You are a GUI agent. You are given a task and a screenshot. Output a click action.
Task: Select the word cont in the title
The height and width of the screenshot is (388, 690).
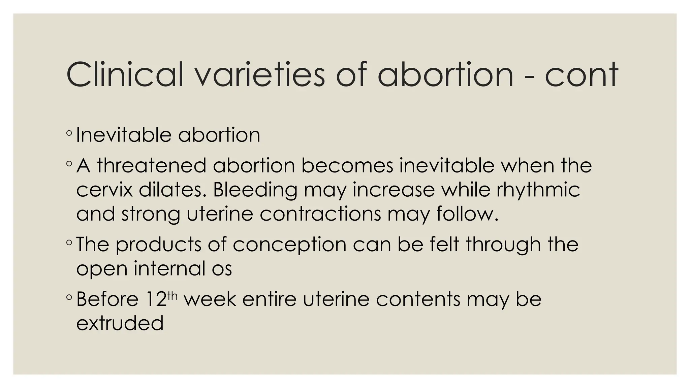pos(582,74)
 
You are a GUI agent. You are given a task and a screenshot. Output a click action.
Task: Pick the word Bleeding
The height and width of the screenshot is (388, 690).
pos(255,190)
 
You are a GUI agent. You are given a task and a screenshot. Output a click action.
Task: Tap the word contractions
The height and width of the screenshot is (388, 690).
pos(320,214)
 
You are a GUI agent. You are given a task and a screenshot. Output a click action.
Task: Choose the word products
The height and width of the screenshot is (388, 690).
pos(158,245)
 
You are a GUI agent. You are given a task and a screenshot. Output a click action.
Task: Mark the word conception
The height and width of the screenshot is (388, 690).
pos(289,245)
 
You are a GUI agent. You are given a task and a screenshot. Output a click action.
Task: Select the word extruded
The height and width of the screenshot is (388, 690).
pos(120,323)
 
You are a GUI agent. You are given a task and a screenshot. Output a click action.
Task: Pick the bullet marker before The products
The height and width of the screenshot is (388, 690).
pos(69,242)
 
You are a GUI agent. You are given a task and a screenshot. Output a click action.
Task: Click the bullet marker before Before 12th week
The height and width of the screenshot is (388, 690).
pos(69,297)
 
